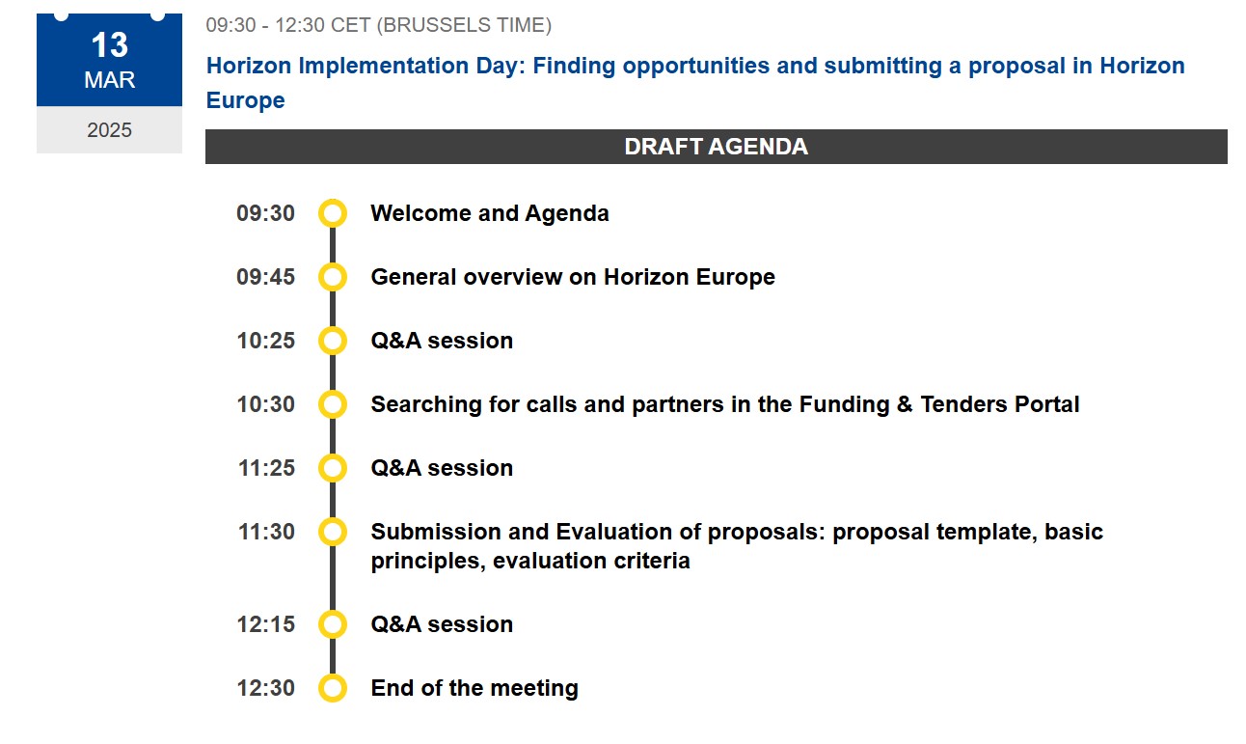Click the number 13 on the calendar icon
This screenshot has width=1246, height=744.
(110, 45)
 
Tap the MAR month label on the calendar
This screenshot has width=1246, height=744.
(110, 80)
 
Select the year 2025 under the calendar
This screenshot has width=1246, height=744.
(110, 130)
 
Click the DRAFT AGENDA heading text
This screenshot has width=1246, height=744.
(716, 147)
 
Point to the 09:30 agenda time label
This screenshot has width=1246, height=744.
(265, 213)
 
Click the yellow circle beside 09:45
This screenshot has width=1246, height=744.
(333, 277)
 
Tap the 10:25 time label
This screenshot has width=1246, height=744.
(265, 341)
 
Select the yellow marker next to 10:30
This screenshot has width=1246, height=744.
(333, 404)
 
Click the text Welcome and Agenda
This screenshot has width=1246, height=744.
(490, 213)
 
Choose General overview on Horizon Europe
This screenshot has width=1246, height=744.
(573, 277)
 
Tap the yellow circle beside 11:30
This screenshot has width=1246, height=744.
(333, 532)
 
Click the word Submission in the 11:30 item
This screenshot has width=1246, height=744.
(436, 532)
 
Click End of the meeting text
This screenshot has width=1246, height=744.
(474, 688)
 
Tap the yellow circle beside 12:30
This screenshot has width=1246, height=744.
(333, 688)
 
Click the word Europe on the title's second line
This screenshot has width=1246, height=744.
(245, 100)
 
